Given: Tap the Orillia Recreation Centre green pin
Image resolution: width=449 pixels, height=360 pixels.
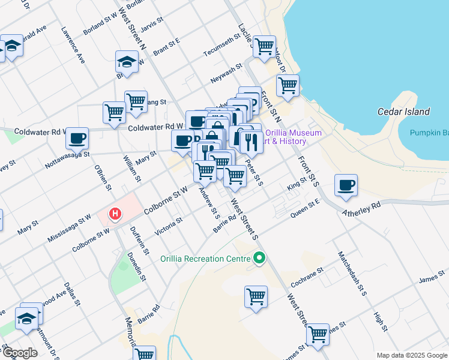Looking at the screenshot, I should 259,259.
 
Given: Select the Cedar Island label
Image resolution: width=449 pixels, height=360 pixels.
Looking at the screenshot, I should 403,112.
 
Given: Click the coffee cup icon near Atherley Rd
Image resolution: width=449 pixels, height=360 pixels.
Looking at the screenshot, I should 346,185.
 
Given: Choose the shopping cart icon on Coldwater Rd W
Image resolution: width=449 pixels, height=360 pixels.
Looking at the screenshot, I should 113,112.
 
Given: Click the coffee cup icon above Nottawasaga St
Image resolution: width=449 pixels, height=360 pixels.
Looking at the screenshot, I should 77,139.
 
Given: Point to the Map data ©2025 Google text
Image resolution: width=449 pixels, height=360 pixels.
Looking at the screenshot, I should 411,355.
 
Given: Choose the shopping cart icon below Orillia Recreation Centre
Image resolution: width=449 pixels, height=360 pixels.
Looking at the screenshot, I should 256,296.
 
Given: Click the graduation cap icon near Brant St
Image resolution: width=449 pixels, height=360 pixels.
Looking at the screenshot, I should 127,62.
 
